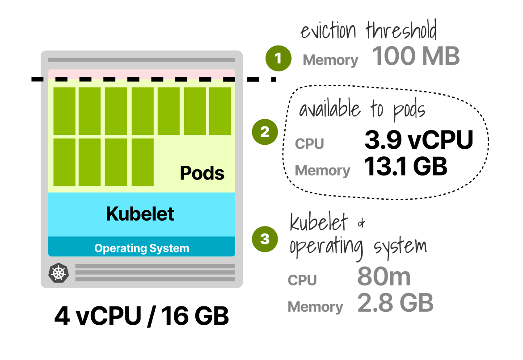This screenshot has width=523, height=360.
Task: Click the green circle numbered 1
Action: [x=278, y=59]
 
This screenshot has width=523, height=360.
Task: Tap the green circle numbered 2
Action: [x=265, y=132]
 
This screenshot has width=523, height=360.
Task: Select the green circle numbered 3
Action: [x=265, y=239]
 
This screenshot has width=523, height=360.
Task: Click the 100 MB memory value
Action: [x=416, y=56]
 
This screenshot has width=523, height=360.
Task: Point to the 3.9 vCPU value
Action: [x=418, y=140]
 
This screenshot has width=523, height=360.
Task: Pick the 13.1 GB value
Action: [x=405, y=166]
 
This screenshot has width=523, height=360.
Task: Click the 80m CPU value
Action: [x=384, y=277]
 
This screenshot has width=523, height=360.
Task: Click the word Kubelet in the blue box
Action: [x=140, y=214]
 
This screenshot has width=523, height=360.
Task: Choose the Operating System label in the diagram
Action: [x=142, y=248]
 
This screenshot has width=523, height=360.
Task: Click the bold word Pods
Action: [x=202, y=173]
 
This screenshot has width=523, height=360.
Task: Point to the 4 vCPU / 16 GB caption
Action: [x=142, y=316]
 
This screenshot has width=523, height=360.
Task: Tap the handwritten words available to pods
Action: [x=362, y=110]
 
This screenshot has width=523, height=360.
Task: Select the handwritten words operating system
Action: [x=358, y=247]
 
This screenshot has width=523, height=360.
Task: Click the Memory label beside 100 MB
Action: [x=330, y=60]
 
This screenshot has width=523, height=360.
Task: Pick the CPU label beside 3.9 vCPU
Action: [x=309, y=144]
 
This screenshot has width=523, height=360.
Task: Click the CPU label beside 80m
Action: [x=302, y=280]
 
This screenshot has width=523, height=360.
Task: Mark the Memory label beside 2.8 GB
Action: [x=315, y=307]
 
